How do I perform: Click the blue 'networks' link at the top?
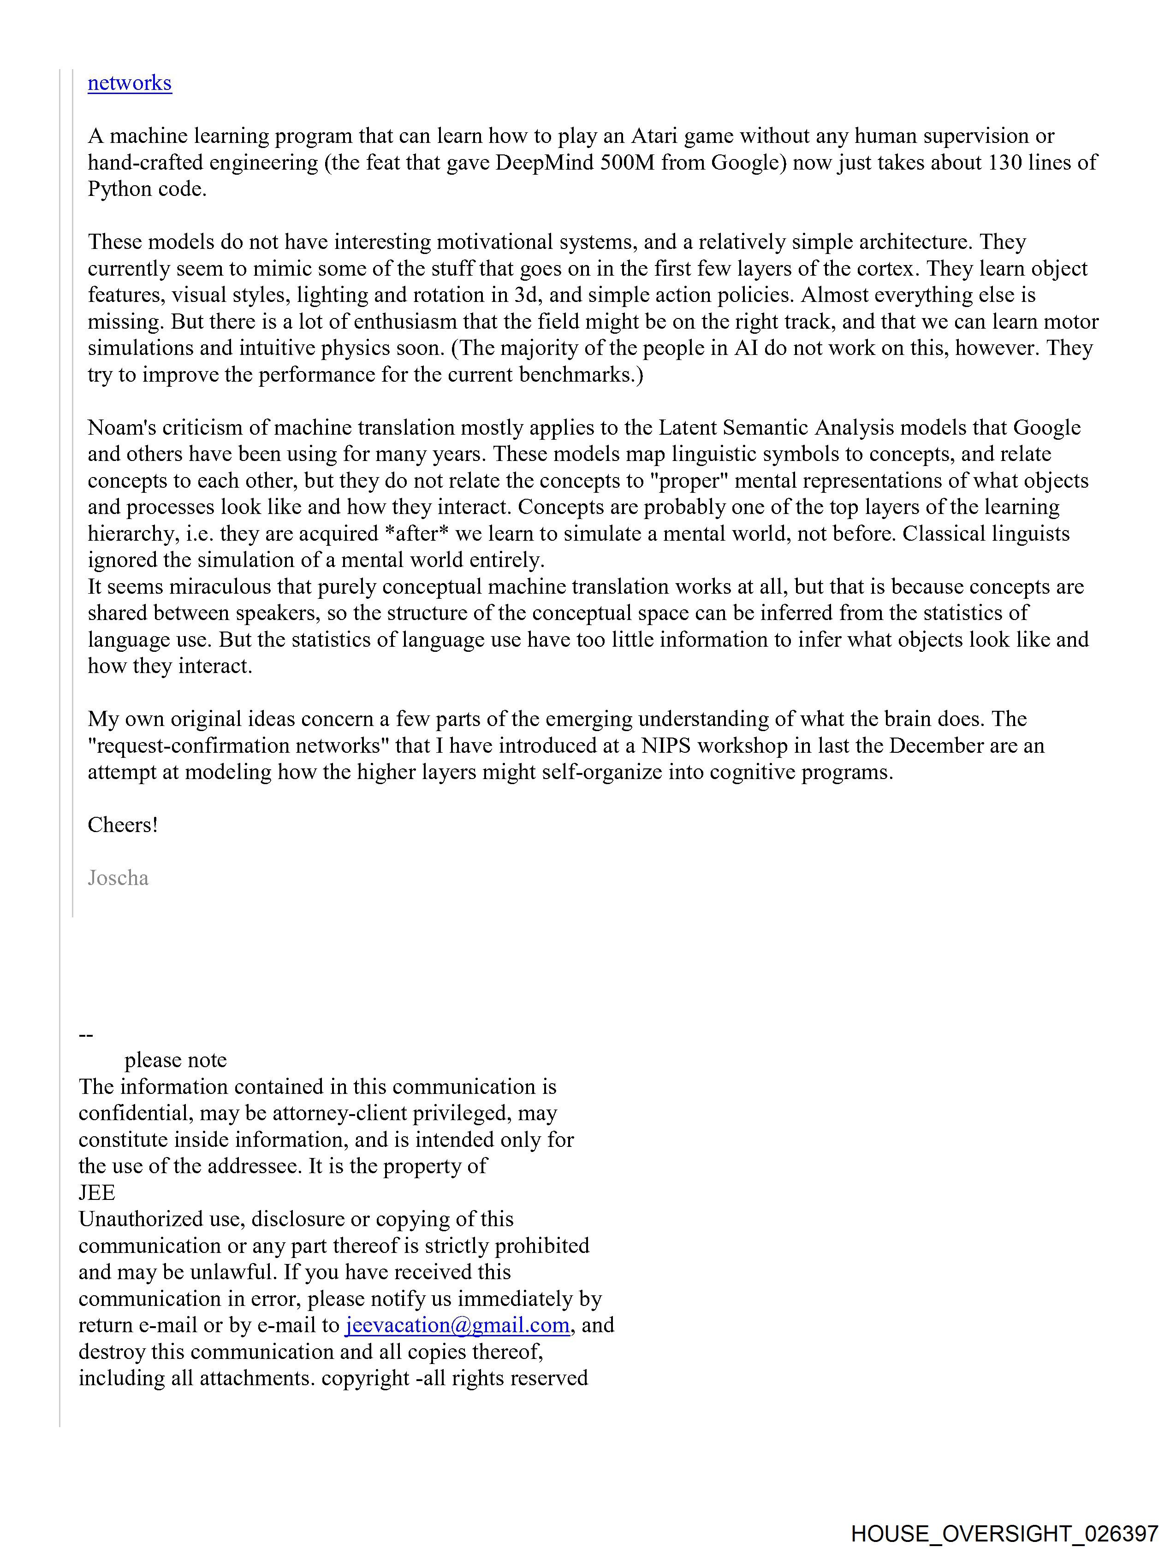pos(129,83)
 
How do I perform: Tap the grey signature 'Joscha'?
pos(118,878)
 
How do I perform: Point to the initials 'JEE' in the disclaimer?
pos(97,1192)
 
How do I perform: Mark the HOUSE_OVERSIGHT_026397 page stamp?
pos(1004,1533)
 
